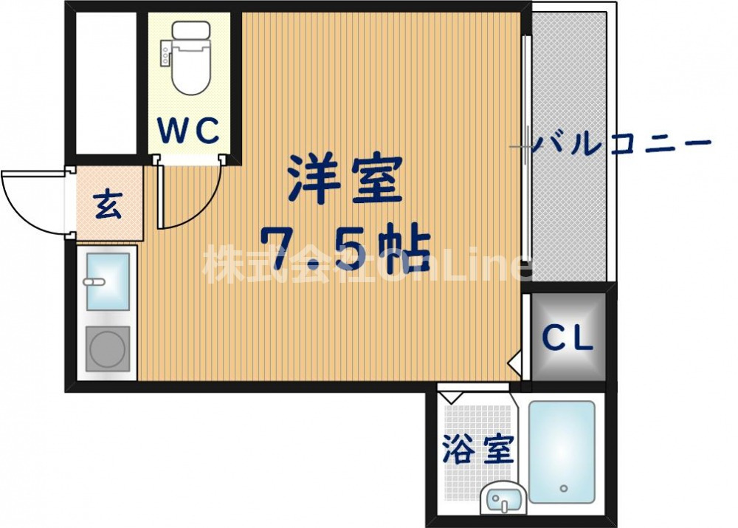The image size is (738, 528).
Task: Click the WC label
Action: pos(188,131)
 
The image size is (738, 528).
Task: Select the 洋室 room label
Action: pos(345,180)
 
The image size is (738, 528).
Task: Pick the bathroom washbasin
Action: pos(504,500)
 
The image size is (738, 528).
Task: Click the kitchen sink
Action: pos(108,281)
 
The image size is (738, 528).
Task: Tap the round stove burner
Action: pos(108,348)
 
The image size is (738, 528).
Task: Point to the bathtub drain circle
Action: pos(564,488)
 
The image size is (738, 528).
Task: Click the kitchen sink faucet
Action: pos(94,282)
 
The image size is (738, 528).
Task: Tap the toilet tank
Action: pos(190,34)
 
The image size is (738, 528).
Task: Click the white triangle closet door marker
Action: pos(516,361)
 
